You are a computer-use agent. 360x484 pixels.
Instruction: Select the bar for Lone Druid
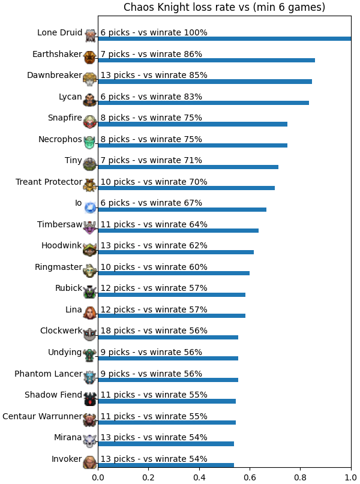click(224, 38)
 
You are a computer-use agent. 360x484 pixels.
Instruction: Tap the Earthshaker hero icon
click(90, 58)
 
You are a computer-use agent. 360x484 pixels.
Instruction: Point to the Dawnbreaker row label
click(55, 76)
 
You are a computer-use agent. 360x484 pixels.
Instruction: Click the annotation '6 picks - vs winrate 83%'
click(151, 97)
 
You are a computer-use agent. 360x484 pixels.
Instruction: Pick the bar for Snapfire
click(193, 124)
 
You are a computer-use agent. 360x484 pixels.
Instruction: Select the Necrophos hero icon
click(90, 143)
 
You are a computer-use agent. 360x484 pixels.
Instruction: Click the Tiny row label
click(73, 161)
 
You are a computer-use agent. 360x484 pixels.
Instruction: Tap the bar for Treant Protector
click(187, 188)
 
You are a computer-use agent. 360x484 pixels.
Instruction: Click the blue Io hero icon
click(90, 208)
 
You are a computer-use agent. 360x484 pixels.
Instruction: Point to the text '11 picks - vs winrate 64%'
click(154, 224)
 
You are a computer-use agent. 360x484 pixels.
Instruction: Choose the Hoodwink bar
click(176, 252)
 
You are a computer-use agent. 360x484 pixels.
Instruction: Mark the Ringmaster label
click(58, 267)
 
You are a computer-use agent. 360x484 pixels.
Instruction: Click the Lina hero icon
click(90, 313)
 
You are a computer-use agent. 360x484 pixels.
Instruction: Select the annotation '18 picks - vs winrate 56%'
click(154, 330)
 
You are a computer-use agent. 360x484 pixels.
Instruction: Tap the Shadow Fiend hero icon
click(90, 399)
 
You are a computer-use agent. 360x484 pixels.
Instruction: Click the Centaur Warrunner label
click(42, 416)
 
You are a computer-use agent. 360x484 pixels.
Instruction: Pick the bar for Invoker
click(166, 465)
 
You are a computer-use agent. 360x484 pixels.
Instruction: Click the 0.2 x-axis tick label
click(149, 477)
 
